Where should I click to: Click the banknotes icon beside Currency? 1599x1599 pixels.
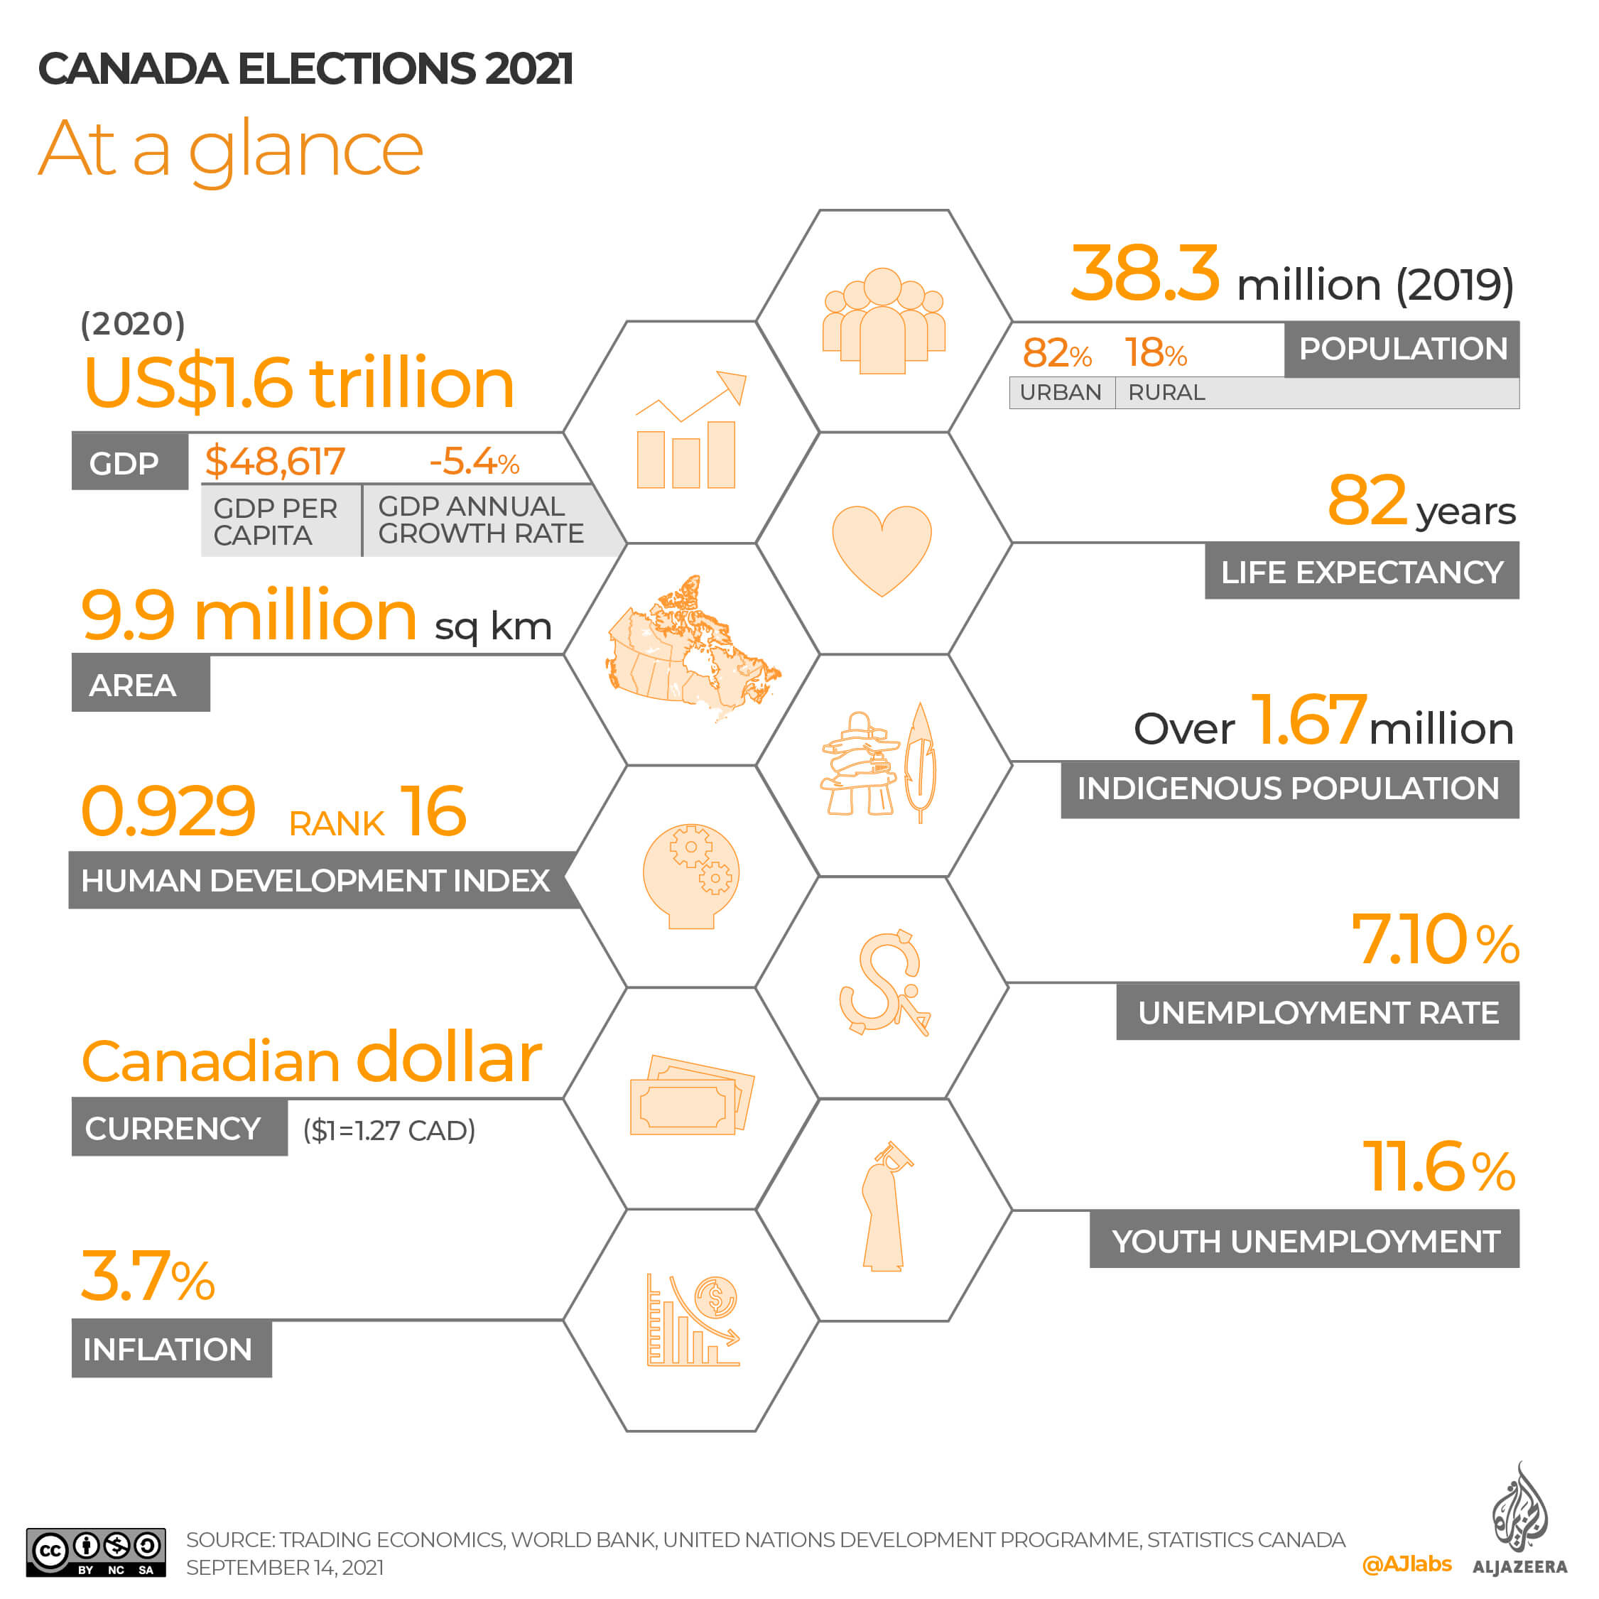pyautogui.click(x=691, y=1095)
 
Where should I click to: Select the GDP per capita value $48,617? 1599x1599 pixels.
pyautogui.click(x=275, y=461)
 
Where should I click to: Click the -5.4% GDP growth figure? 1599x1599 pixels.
pyautogui.click(x=473, y=461)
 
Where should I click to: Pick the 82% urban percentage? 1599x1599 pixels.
pyautogui.click(x=1056, y=354)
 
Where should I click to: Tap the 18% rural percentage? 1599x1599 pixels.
pyautogui.click(x=1155, y=354)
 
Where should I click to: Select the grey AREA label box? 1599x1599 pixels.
pyautogui.click(x=141, y=685)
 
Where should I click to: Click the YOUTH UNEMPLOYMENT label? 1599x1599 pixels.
pyautogui.click(x=1304, y=1242)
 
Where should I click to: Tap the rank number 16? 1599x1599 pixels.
pyautogui.click(x=433, y=812)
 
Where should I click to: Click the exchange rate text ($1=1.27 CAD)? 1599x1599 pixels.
pyautogui.click(x=389, y=1131)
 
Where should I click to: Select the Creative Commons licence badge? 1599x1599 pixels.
pyautogui.click(x=96, y=1552)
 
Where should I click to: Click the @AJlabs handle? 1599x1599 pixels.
pyautogui.click(x=1406, y=1563)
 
